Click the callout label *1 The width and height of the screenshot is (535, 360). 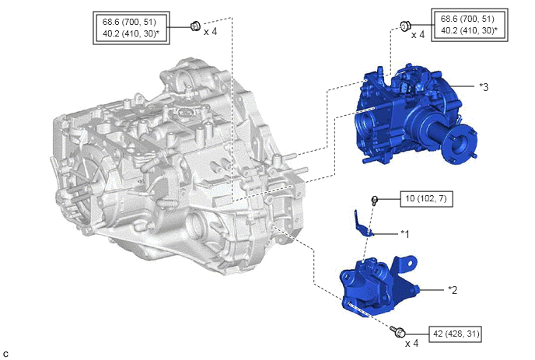[x=404, y=234]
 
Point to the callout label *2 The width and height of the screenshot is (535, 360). [x=453, y=290]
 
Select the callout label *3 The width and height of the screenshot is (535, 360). [x=484, y=87]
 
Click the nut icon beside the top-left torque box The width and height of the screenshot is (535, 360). [x=195, y=26]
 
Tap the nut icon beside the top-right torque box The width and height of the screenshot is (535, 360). [x=405, y=26]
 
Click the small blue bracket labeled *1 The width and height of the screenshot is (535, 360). [x=363, y=223]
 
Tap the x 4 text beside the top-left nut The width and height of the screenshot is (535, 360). [x=210, y=32]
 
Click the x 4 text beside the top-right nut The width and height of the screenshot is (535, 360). [x=418, y=35]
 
